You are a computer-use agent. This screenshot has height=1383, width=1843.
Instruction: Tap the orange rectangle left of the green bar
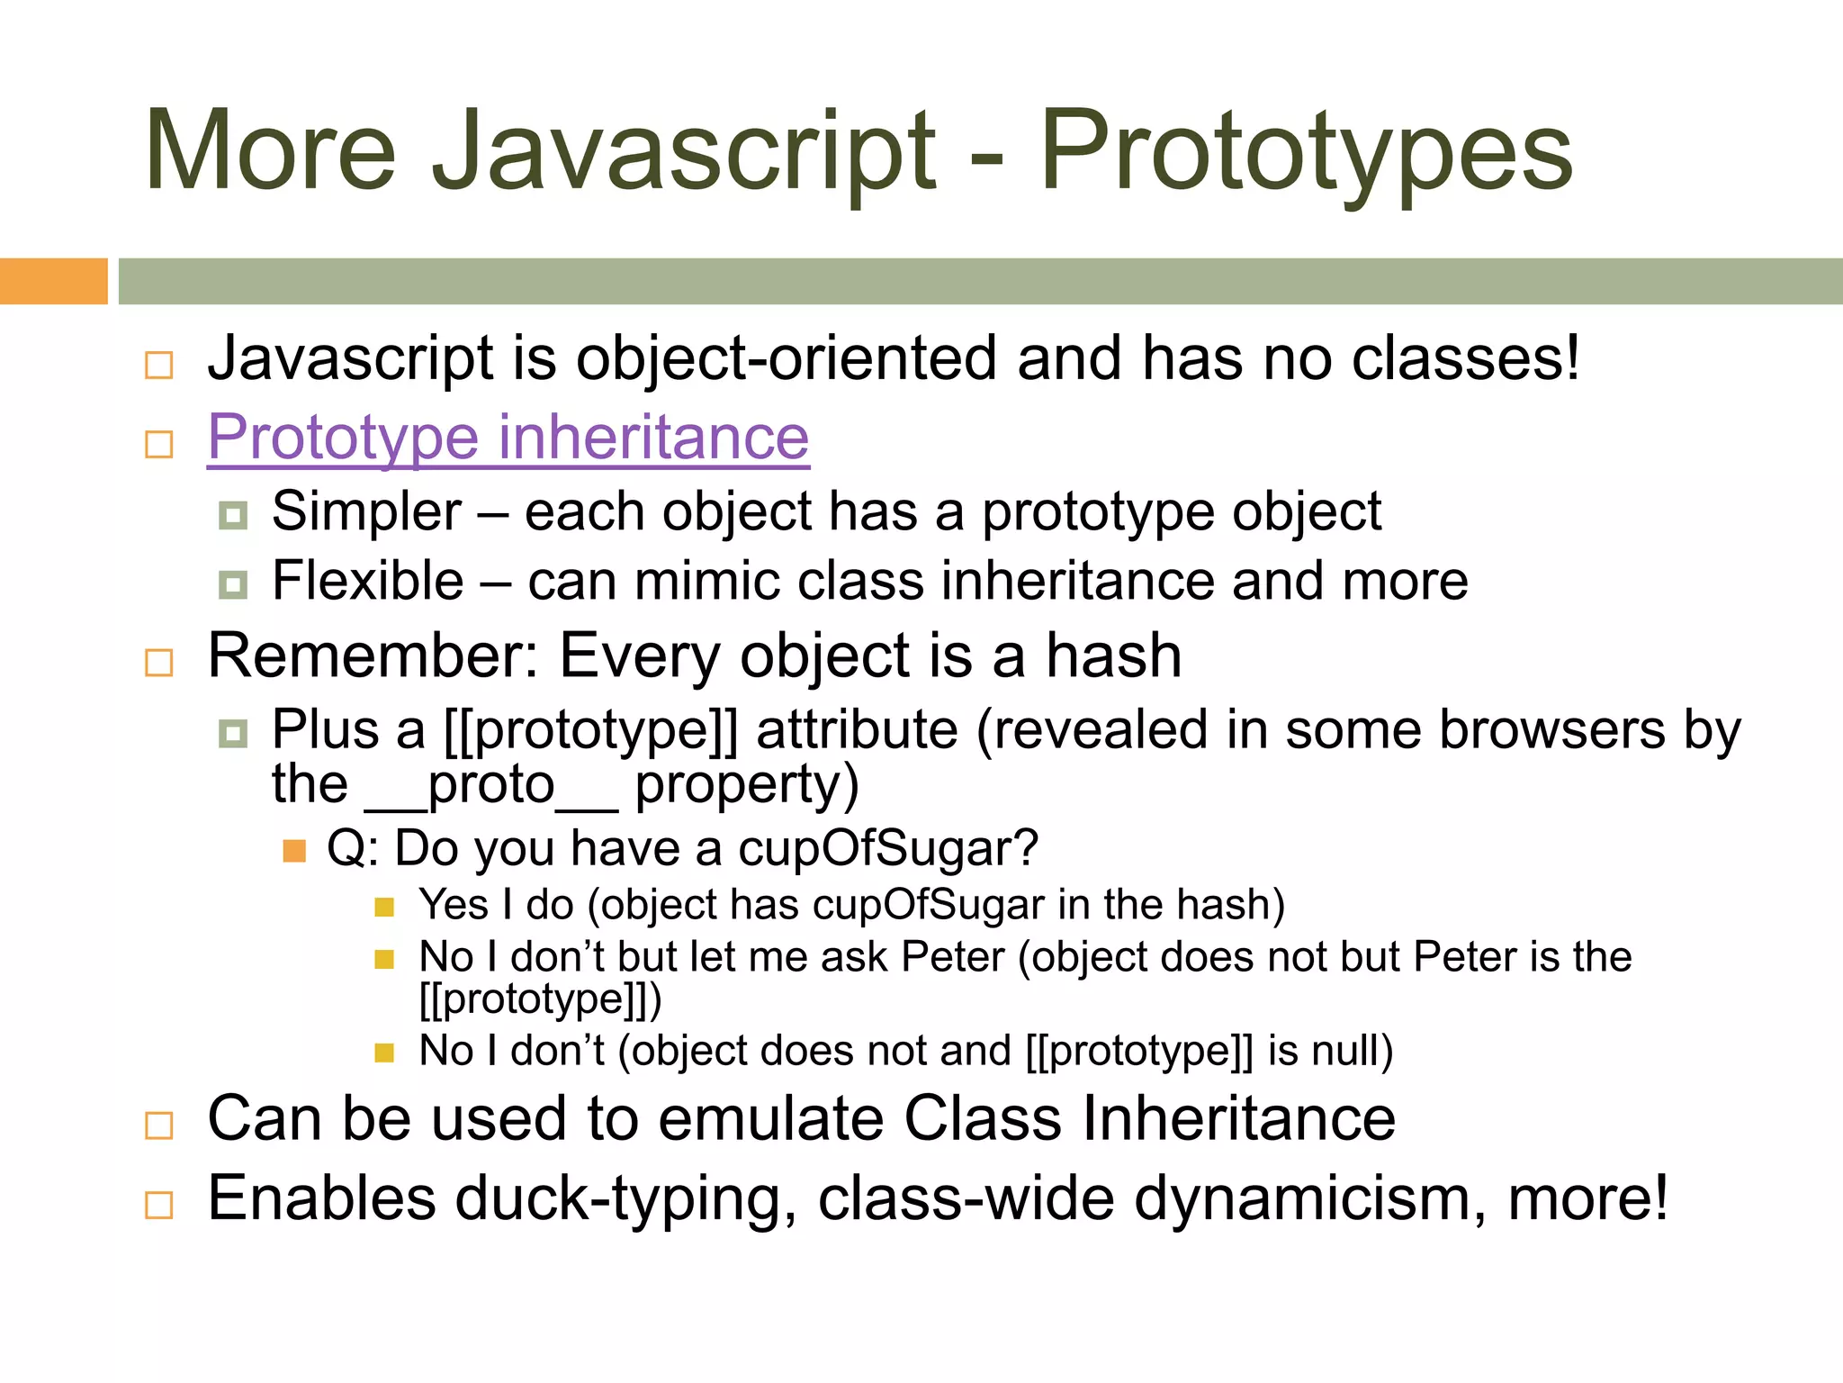click(x=53, y=281)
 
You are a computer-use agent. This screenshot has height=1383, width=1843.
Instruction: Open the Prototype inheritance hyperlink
click(x=508, y=438)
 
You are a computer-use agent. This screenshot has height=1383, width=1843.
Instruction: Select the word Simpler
click(x=367, y=511)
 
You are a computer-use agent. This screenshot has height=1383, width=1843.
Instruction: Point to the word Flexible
click(x=368, y=581)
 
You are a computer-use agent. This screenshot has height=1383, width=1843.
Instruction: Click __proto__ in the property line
click(x=491, y=785)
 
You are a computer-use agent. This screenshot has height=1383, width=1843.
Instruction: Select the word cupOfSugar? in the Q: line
click(x=888, y=849)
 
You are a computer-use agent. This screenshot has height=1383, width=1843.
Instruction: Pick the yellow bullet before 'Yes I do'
click(x=384, y=907)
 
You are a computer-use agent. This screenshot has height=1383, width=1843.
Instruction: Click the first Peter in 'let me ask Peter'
click(x=952, y=957)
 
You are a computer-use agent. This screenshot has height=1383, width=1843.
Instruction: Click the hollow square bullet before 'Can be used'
click(x=159, y=1125)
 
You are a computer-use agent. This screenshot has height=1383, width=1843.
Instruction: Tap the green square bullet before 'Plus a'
click(x=233, y=733)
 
